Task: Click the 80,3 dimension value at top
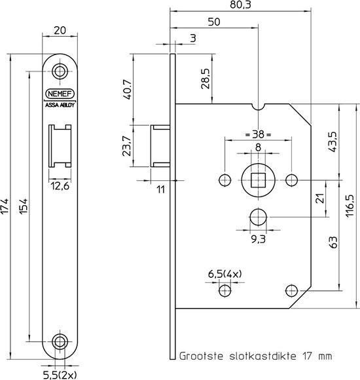[x=239, y=5]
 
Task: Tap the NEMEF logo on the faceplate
[x=60, y=93]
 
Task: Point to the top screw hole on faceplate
[x=61, y=71]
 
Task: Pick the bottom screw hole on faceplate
[x=61, y=340]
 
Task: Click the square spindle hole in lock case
[x=258, y=179]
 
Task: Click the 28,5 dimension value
[x=206, y=80]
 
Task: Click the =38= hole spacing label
[x=257, y=135]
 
